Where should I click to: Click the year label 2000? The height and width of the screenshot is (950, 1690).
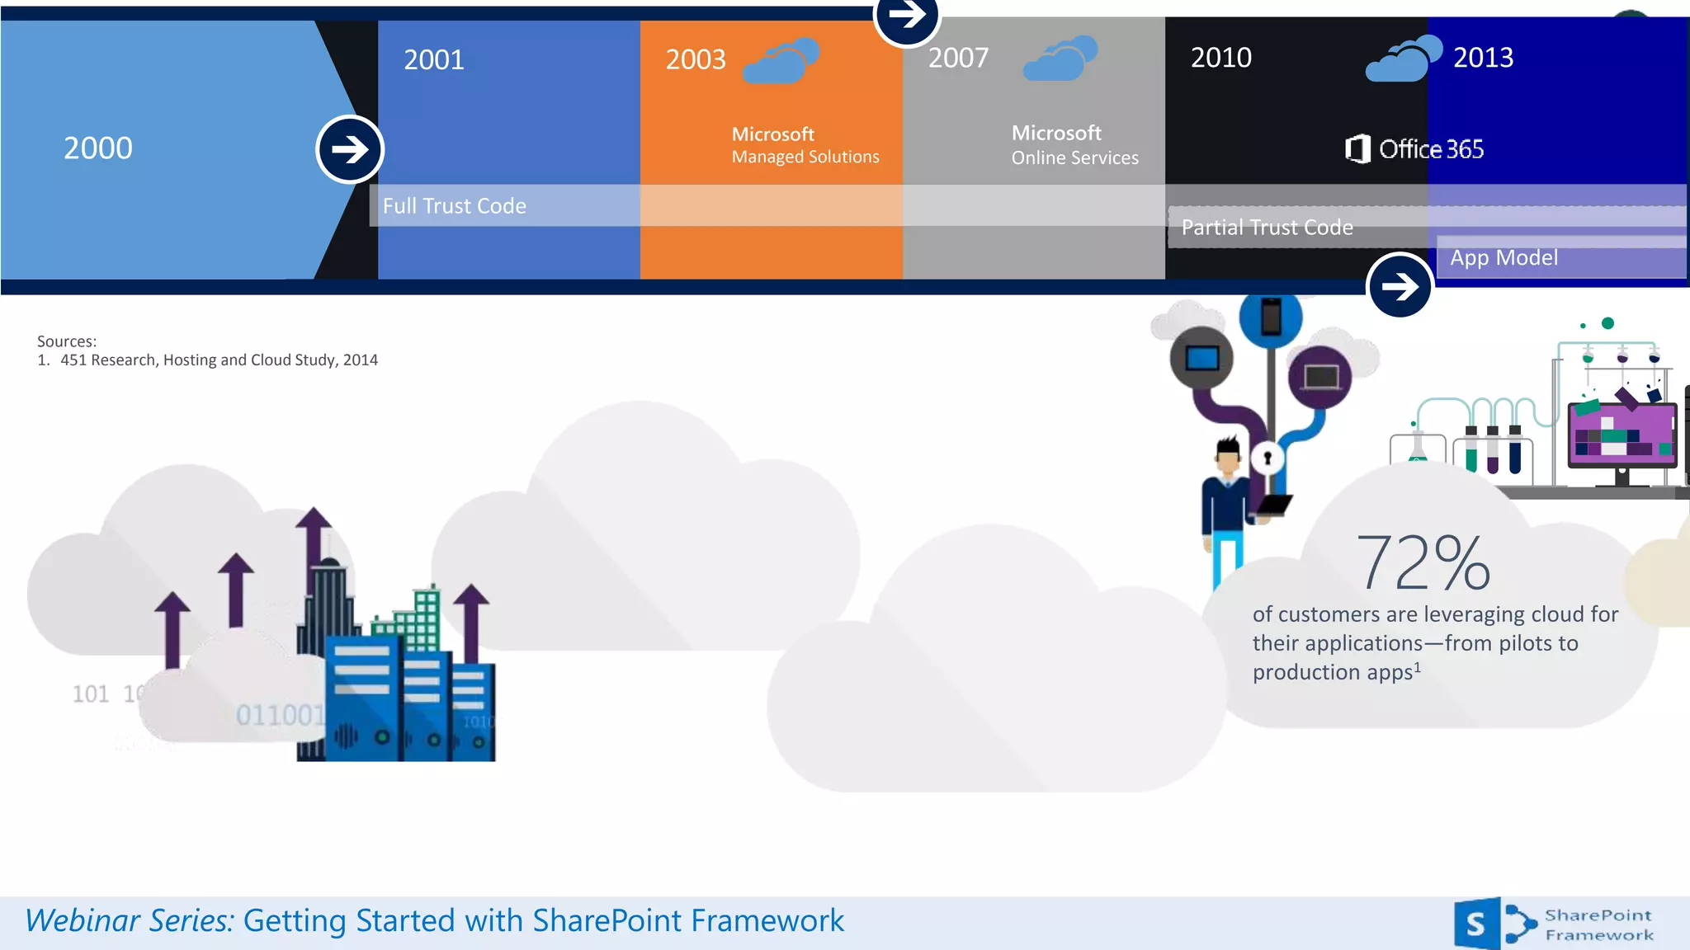click(98, 148)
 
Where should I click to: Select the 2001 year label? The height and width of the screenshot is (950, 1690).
click(434, 60)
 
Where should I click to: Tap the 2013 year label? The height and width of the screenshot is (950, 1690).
click(1483, 58)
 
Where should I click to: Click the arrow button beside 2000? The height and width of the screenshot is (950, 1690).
click(350, 149)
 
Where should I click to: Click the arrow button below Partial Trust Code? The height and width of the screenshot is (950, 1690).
click(1400, 286)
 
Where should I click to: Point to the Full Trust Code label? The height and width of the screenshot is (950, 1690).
click(454, 206)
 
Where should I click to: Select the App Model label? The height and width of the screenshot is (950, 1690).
click(1504, 258)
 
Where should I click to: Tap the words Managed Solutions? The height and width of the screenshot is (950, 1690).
click(805, 157)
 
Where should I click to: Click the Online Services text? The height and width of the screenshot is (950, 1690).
click(1074, 158)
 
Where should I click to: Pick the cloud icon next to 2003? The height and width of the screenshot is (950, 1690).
click(781, 60)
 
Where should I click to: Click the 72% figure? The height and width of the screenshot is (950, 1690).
click(1423, 562)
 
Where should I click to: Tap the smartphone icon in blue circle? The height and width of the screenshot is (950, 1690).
click(1271, 317)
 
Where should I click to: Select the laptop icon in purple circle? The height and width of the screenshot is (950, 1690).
click(1320, 378)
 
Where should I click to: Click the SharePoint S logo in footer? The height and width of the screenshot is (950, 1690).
click(1476, 924)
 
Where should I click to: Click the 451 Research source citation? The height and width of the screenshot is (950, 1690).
click(219, 360)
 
